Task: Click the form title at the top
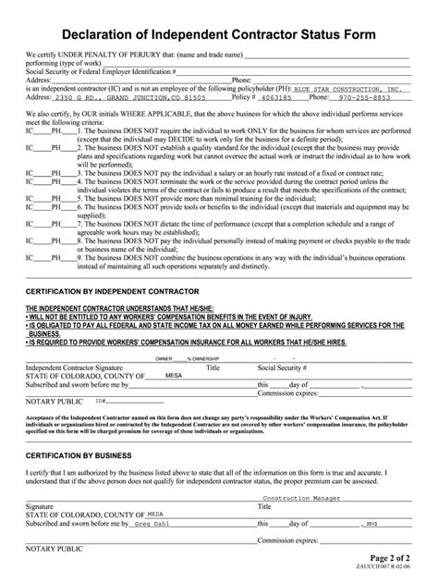[x=218, y=35]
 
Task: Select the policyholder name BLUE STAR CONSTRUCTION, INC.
[x=356, y=88]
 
